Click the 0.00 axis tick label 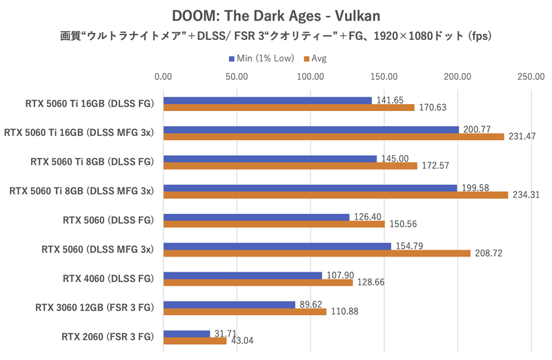click(x=164, y=77)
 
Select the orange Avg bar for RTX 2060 click(x=195, y=341)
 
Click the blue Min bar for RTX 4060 click(x=243, y=275)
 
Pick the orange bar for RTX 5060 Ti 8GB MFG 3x click(x=335, y=195)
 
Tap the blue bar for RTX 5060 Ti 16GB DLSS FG click(x=268, y=100)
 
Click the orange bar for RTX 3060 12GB click(x=245, y=312)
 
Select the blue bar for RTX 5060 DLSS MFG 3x click(x=277, y=246)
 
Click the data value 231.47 click(x=521, y=137)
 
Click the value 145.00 click(x=393, y=158)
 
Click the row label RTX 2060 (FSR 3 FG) click(x=107, y=337)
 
